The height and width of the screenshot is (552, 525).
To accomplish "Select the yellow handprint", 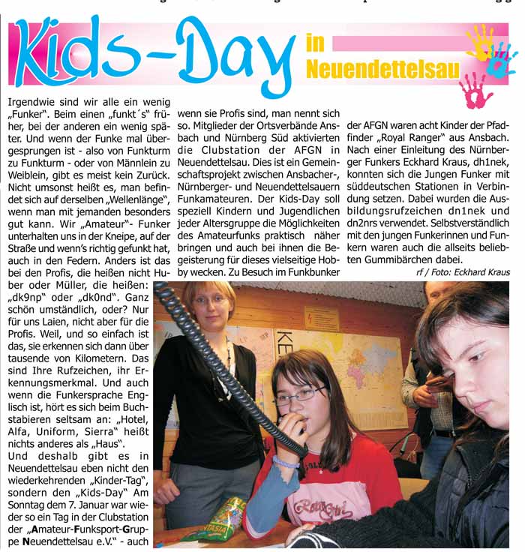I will [x=481, y=42].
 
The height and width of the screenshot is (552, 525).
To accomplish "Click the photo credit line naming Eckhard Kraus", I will [x=463, y=271].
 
